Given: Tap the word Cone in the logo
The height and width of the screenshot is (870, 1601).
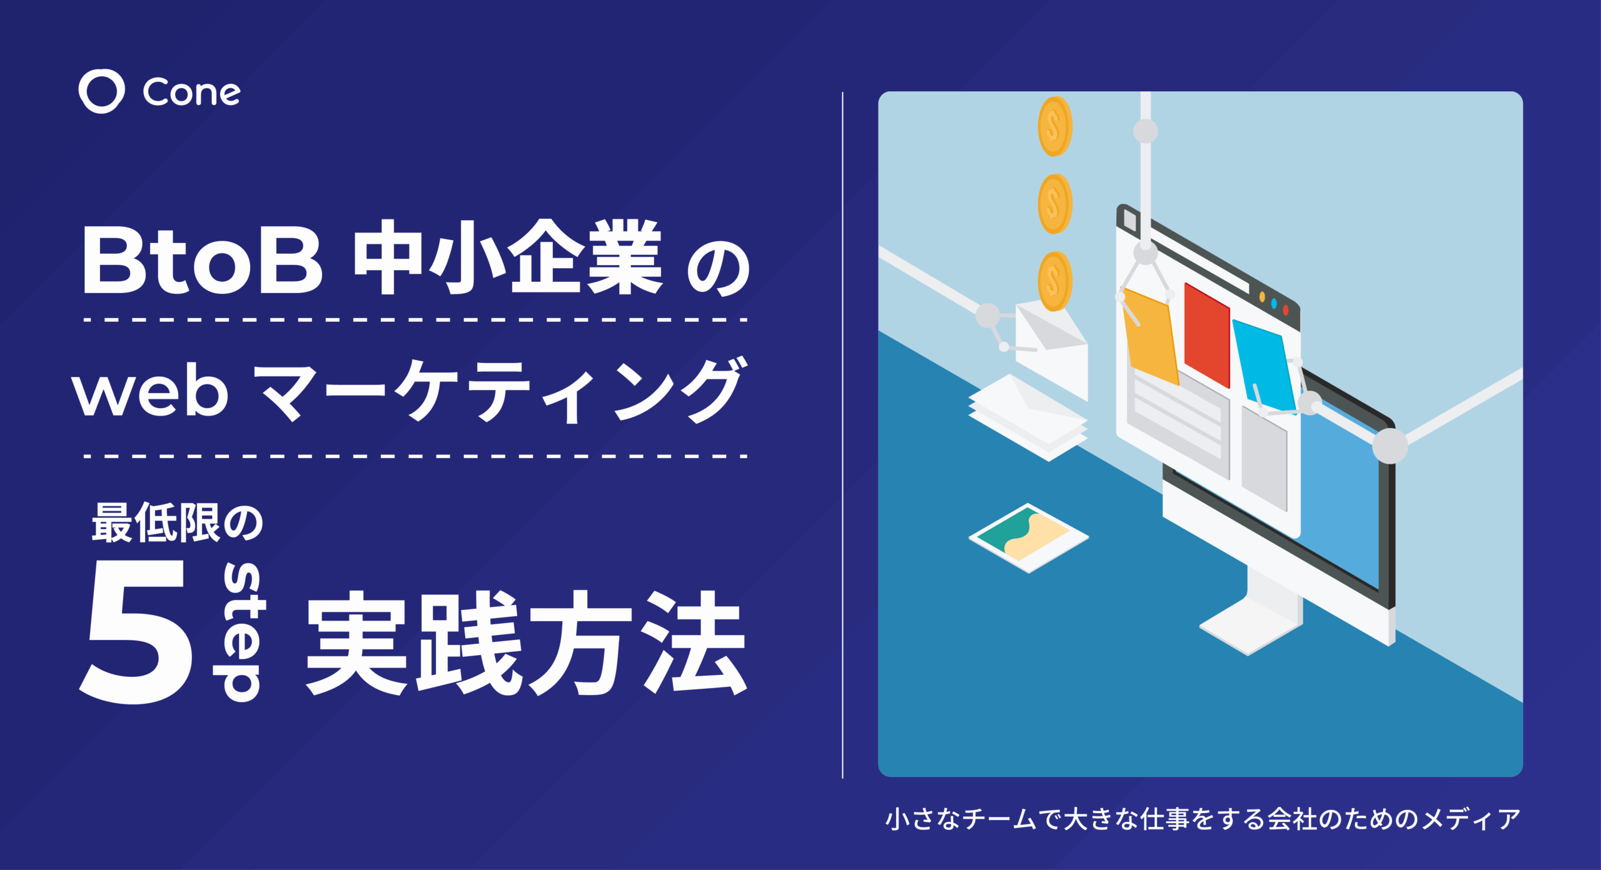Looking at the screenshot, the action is click(191, 93).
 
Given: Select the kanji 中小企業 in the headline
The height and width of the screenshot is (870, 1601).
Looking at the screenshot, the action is click(508, 257).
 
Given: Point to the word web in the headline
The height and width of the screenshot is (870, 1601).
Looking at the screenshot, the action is click(150, 391).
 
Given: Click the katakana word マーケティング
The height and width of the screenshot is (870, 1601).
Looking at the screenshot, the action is click(500, 391).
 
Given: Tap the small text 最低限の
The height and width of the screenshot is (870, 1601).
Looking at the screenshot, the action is click(178, 522).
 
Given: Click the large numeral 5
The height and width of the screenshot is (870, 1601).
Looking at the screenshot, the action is click(136, 631).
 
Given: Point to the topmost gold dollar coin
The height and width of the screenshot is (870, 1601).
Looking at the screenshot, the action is click(1055, 126).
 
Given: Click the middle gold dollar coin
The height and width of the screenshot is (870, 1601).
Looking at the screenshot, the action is click(1055, 204).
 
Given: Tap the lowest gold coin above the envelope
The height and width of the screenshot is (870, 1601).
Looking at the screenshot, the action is click(1055, 281).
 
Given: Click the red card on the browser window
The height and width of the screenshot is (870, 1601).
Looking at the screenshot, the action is click(1207, 335).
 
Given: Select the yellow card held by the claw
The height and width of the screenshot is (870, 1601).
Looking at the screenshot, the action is click(1151, 337).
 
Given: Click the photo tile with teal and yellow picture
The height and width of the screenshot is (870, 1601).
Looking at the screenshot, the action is click(1029, 537).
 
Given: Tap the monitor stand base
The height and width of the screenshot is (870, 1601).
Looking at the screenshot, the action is click(1251, 625).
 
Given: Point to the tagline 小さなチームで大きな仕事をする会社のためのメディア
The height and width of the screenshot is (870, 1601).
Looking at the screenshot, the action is click(1203, 819).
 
